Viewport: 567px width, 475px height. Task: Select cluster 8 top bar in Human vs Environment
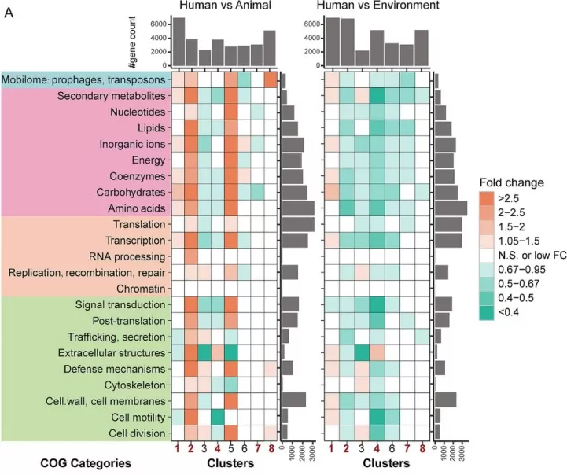[422, 50]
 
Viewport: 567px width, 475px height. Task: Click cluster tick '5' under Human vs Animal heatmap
[230, 450]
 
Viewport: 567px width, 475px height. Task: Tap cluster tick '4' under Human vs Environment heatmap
[377, 450]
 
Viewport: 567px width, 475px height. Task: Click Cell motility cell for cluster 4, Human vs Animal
[217, 417]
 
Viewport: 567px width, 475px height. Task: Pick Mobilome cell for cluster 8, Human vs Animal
[269, 80]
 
